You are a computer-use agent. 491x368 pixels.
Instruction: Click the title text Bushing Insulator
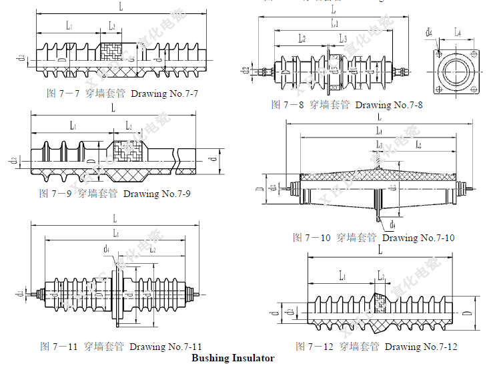[233, 358]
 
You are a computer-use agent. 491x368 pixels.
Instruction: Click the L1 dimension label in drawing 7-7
[69, 26]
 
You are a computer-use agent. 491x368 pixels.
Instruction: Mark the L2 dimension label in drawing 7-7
[111, 26]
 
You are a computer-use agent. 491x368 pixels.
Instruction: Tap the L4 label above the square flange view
[458, 31]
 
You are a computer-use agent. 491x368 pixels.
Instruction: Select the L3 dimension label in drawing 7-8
[342, 39]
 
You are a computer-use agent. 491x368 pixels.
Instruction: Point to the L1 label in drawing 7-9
[72, 126]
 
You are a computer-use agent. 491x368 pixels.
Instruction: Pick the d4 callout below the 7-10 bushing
[393, 223]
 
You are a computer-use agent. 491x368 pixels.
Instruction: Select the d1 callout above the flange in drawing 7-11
[107, 250]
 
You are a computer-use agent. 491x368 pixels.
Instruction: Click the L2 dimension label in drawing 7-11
[152, 250]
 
